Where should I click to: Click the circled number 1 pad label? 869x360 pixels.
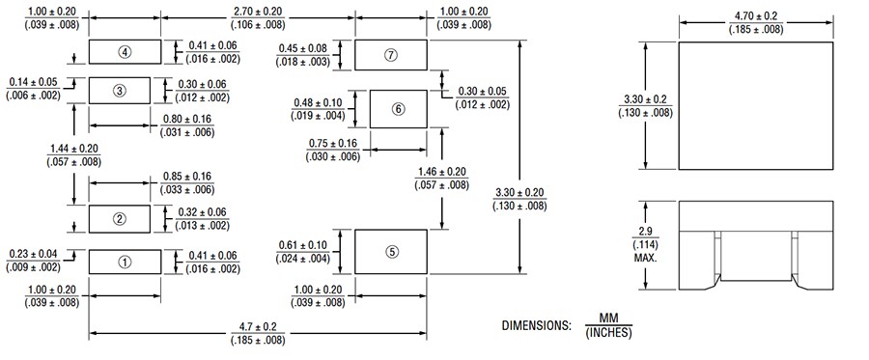pos(125,261)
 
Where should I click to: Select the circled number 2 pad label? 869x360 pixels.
pos(120,218)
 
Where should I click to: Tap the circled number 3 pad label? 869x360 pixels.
pos(120,91)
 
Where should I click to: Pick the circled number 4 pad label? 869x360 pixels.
pos(125,50)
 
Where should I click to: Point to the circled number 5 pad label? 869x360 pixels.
pos(391,252)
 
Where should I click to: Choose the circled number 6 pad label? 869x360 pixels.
pos(399,109)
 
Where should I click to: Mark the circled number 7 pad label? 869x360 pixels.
pos(391,55)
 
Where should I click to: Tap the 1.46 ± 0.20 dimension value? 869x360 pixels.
pos(442,172)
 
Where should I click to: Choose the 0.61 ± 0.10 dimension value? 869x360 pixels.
pos(318,245)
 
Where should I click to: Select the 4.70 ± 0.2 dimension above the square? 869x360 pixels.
pos(756,16)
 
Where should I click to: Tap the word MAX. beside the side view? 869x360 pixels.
pos(646,259)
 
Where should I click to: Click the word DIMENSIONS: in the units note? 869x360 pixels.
pos(535,326)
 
